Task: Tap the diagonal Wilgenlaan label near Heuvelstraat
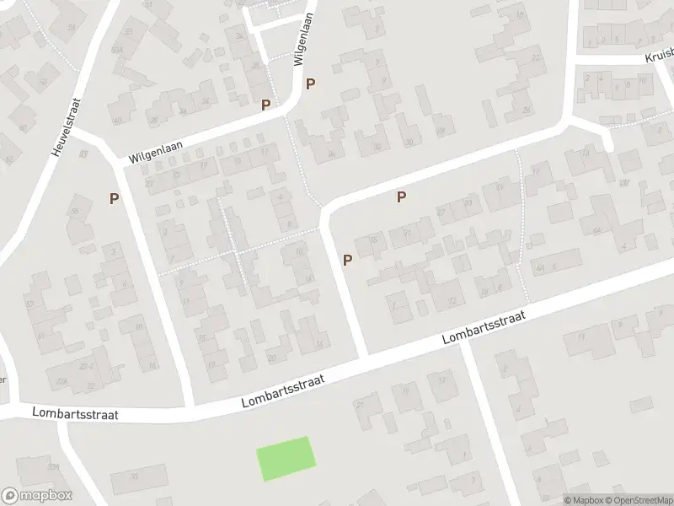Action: click(156, 152)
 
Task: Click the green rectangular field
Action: click(286, 459)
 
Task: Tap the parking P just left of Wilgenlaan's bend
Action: click(266, 105)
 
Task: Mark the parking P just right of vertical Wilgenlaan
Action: click(311, 83)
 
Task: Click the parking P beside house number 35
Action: click(347, 261)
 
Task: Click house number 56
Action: click(72, 28)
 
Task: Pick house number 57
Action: click(29, 304)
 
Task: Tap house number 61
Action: click(40, 336)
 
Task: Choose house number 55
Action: click(74, 211)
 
